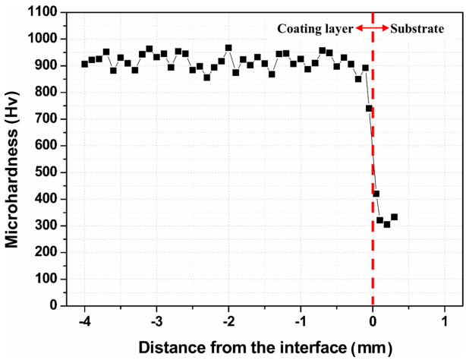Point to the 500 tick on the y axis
(x=46, y=172)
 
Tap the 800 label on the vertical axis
(x=46, y=92)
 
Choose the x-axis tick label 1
(x=445, y=321)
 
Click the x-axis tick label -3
(x=156, y=321)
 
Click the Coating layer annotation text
(x=315, y=29)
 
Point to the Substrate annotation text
(x=417, y=29)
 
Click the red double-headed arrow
(x=372, y=28)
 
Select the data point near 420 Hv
(x=376, y=194)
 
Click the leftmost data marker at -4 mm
(x=84, y=64)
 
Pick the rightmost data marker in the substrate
(x=394, y=217)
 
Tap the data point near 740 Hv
(x=369, y=109)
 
